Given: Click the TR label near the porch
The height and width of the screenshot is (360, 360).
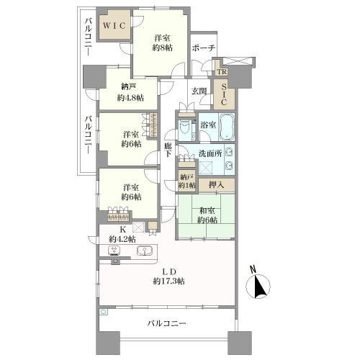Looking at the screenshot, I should [222, 73].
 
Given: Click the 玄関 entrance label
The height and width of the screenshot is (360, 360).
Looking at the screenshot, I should [199, 91].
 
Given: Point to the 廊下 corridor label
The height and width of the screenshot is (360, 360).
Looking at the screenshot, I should [167, 149].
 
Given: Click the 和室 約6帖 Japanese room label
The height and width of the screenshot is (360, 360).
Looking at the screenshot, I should [208, 216].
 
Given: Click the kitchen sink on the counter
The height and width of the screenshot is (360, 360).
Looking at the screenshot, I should [145, 251].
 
